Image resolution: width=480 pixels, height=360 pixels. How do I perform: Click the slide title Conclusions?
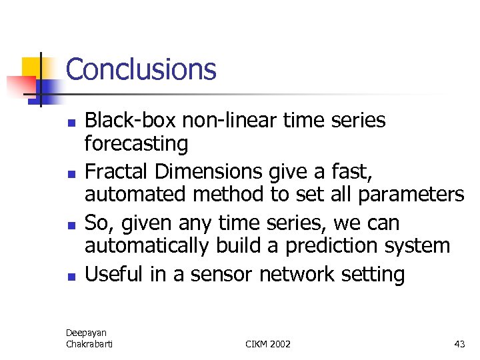(141, 69)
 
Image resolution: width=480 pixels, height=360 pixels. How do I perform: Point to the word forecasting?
(136, 143)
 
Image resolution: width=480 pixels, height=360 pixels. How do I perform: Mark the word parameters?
(411, 195)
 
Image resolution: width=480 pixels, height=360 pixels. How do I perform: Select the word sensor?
(223, 274)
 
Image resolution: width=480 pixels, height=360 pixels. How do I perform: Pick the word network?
(299, 274)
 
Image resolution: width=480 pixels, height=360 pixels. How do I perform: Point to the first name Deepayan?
(86, 332)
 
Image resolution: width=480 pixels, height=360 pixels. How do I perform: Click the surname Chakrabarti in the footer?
(90, 343)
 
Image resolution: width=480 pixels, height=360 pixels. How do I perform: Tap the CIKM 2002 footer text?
(268, 344)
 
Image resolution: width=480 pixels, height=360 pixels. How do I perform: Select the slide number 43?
(459, 344)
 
